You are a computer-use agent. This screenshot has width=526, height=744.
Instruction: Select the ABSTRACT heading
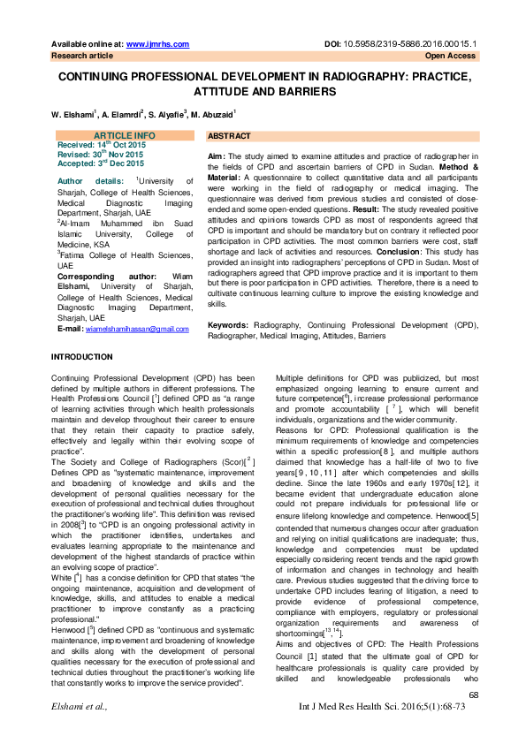click(x=229, y=137)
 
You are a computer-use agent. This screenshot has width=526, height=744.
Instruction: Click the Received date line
click(x=100, y=144)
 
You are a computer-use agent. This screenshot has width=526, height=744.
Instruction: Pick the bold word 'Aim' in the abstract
click(x=216, y=155)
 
